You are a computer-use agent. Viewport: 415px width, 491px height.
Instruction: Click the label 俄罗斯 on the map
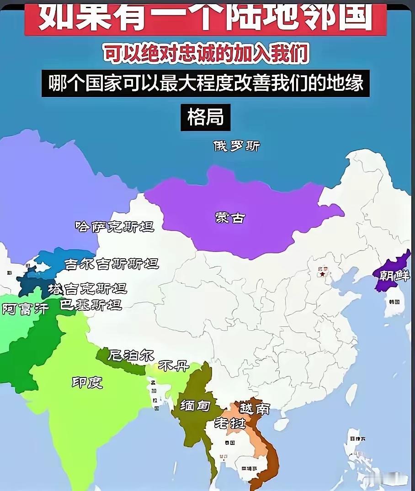pos(237,146)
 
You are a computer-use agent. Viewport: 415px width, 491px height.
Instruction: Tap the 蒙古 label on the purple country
pos(230,218)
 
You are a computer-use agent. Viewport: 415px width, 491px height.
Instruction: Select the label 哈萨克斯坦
pos(114,226)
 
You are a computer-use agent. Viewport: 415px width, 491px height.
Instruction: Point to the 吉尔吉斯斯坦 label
pos(112,263)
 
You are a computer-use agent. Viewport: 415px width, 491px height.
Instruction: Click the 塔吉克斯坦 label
pos(87,288)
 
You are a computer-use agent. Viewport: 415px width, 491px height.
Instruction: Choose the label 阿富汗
pos(25,309)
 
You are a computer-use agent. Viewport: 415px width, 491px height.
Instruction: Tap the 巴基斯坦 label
pos(91,304)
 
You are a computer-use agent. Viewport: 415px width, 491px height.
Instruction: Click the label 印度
pos(87,382)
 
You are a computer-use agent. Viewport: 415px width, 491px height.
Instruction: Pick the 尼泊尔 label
pos(131,355)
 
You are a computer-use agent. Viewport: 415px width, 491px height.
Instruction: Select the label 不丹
pos(173,366)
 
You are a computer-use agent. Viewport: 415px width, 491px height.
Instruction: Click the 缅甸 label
pos(195,405)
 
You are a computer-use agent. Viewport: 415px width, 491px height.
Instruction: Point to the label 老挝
pos(230,423)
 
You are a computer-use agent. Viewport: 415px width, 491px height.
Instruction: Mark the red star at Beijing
pos(324,275)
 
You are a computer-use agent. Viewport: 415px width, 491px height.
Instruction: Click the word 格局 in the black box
pos(205,117)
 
